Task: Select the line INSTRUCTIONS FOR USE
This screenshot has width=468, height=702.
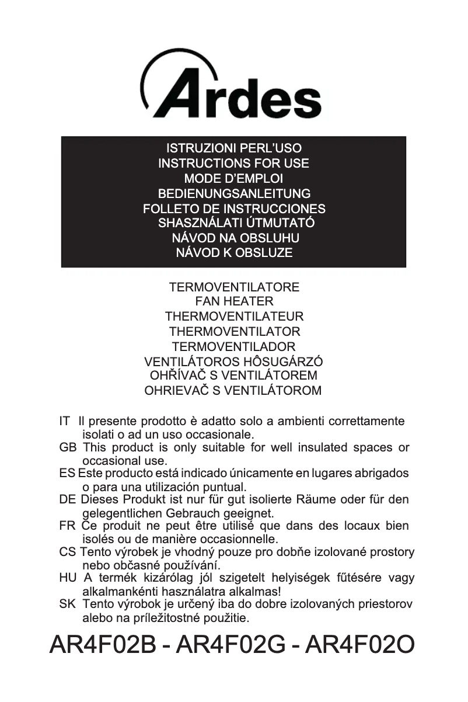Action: [x=233, y=164]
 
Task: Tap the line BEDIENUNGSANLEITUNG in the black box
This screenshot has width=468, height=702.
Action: [x=233, y=193]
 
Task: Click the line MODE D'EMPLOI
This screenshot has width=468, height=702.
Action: [x=233, y=178]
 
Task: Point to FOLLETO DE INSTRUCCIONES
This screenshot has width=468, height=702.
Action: [x=233, y=208]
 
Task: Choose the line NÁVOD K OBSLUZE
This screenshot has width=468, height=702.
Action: [x=233, y=253]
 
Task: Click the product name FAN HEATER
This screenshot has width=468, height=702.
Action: [x=233, y=302]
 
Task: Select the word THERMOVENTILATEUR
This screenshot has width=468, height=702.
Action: [x=233, y=317]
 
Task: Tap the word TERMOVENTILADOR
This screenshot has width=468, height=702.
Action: [x=233, y=346]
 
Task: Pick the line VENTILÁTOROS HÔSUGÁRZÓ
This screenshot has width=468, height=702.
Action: [x=233, y=362]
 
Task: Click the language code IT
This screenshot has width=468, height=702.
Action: [x=65, y=421]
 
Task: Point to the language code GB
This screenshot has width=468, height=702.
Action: [x=68, y=448]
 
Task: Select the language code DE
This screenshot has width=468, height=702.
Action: [x=68, y=500]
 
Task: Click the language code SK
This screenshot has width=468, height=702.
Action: [x=68, y=604]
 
